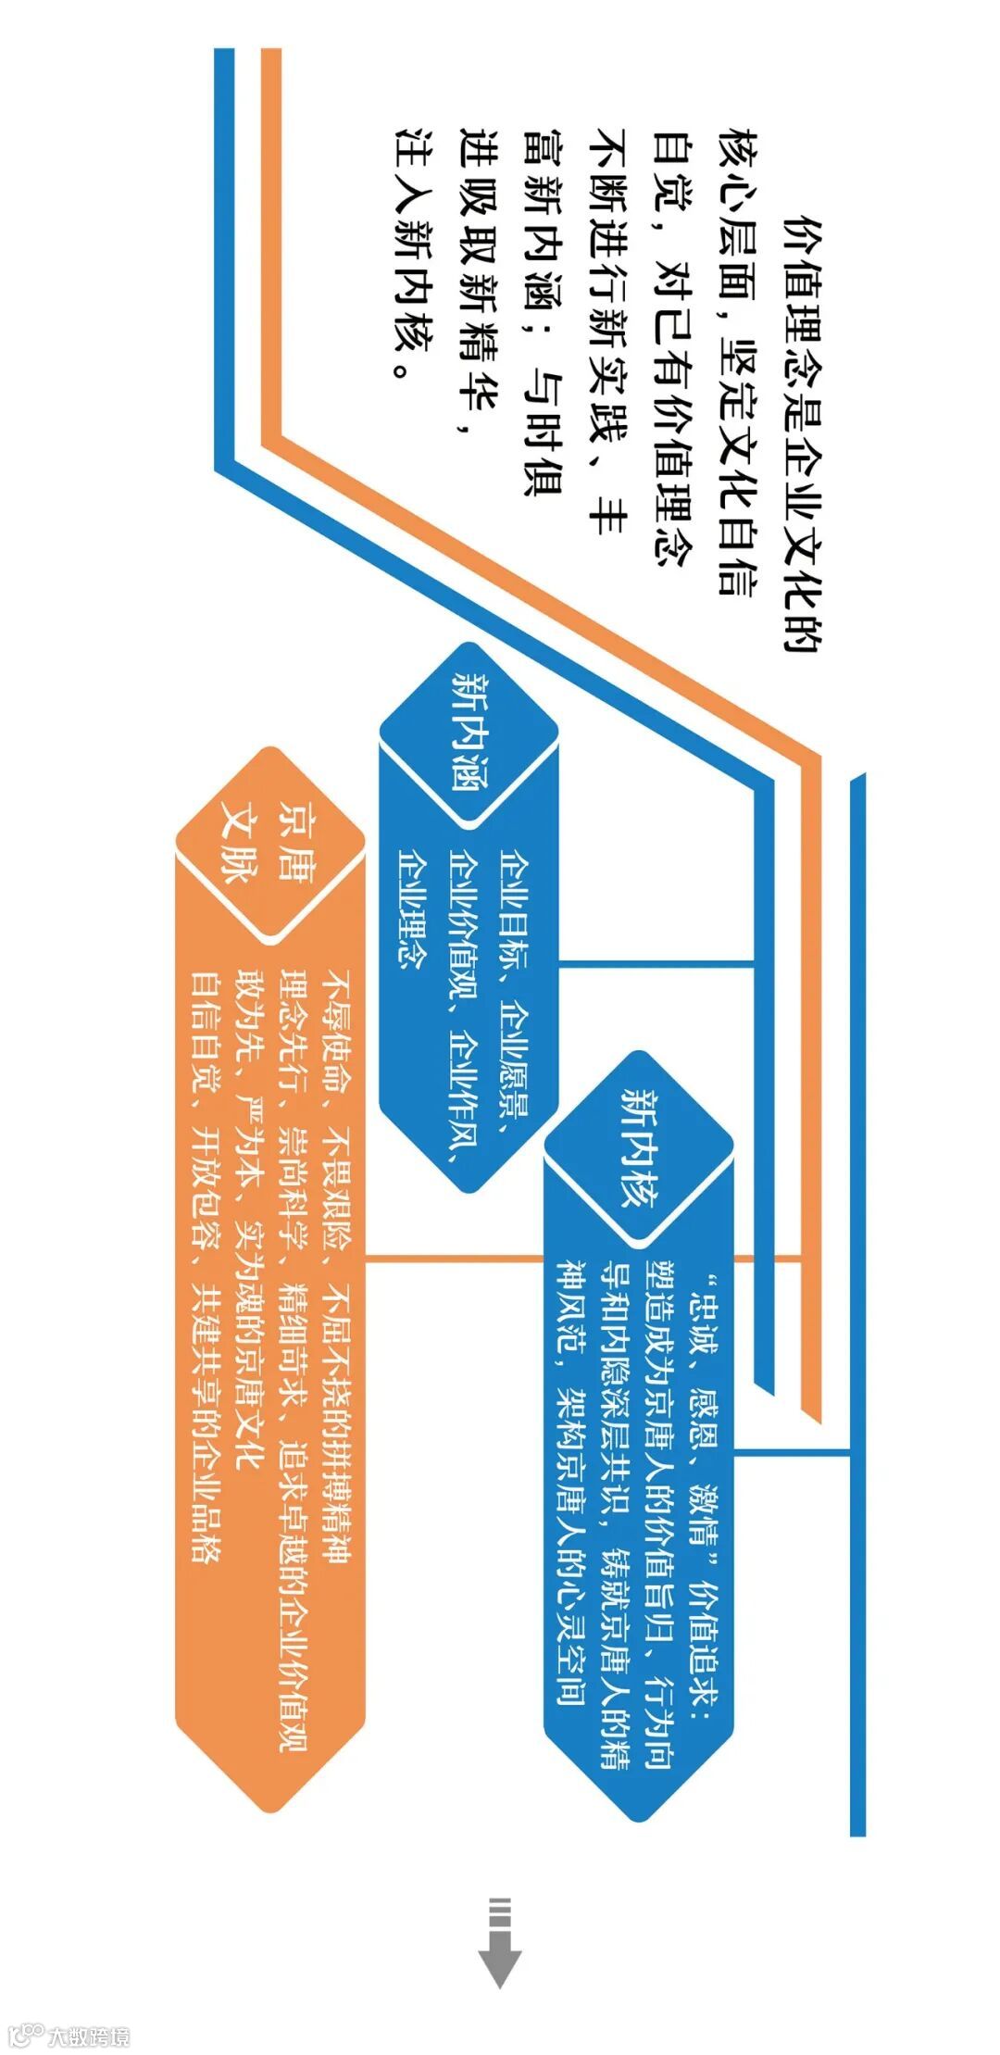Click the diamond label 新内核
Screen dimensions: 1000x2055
(x=638, y=1148)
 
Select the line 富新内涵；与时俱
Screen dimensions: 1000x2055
(x=543, y=311)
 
